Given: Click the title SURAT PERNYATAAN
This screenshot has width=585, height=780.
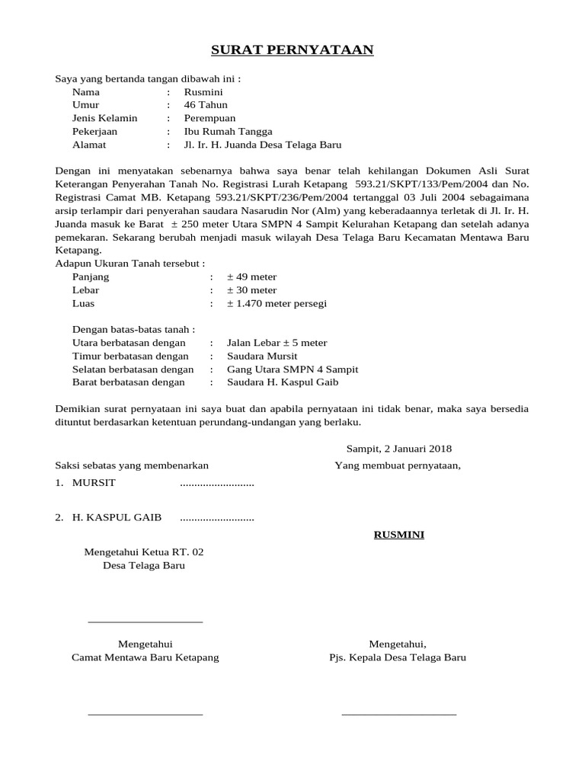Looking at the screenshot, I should click(x=292, y=50).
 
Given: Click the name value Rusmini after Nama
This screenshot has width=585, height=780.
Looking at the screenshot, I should click(x=203, y=91).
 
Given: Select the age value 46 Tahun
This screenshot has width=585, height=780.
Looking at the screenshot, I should click(x=206, y=104).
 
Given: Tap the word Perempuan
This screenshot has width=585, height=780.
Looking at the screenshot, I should click(x=209, y=118).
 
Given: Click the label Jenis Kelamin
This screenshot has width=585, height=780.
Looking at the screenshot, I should click(x=104, y=118).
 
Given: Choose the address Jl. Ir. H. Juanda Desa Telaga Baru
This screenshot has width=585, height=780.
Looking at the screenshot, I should click(x=263, y=145).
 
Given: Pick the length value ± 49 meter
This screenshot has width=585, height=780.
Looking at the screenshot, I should click(x=251, y=277).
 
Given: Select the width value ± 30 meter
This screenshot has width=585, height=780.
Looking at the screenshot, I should click(x=251, y=290).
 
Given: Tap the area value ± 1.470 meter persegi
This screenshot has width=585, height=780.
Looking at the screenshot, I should click(x=277, y=303).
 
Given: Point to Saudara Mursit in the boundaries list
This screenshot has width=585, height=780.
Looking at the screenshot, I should click(x=262, y=356).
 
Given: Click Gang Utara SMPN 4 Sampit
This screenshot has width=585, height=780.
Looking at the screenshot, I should click(x=292, y=369).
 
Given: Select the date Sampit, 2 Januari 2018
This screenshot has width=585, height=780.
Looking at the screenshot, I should click(x=399, y=449).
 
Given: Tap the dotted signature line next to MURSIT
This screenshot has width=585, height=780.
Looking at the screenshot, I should click(x=216, y=484).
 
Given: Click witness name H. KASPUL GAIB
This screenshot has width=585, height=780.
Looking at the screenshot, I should click(x=117, y=518).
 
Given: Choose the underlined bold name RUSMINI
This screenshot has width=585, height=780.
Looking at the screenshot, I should click(x=398, y=535).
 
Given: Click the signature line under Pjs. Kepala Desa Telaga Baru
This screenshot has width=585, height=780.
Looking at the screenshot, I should click(x=398, y=714).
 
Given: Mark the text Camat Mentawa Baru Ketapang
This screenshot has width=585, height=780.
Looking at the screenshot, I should click(x=145, y=657).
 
